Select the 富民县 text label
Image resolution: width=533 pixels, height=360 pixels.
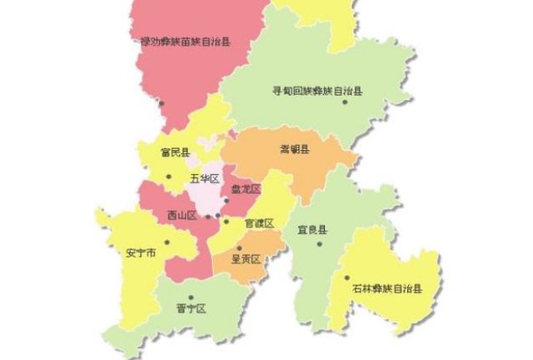click(x=176, y=153)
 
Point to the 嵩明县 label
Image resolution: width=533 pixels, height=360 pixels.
click(x=294, y=149)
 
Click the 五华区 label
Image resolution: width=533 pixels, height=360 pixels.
click(x=204, y=179)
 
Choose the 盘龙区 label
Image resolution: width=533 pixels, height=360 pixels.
click(x=246, y=189)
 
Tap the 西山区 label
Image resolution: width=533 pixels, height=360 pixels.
click(x=181, y=216)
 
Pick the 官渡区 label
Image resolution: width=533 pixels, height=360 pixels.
click(x=259, y=223)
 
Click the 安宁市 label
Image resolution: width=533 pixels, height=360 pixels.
click(x=141, y=252)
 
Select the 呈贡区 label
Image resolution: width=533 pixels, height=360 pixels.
click(x=247, y=259)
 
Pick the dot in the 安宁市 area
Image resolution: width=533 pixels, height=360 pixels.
click(x=167, y=243)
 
